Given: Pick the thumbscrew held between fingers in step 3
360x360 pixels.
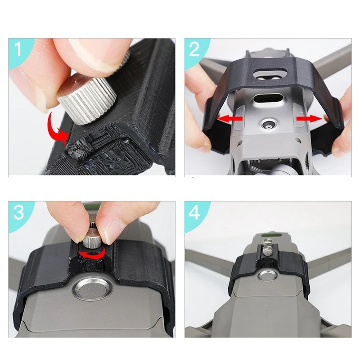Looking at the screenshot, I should coord(93,236).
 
